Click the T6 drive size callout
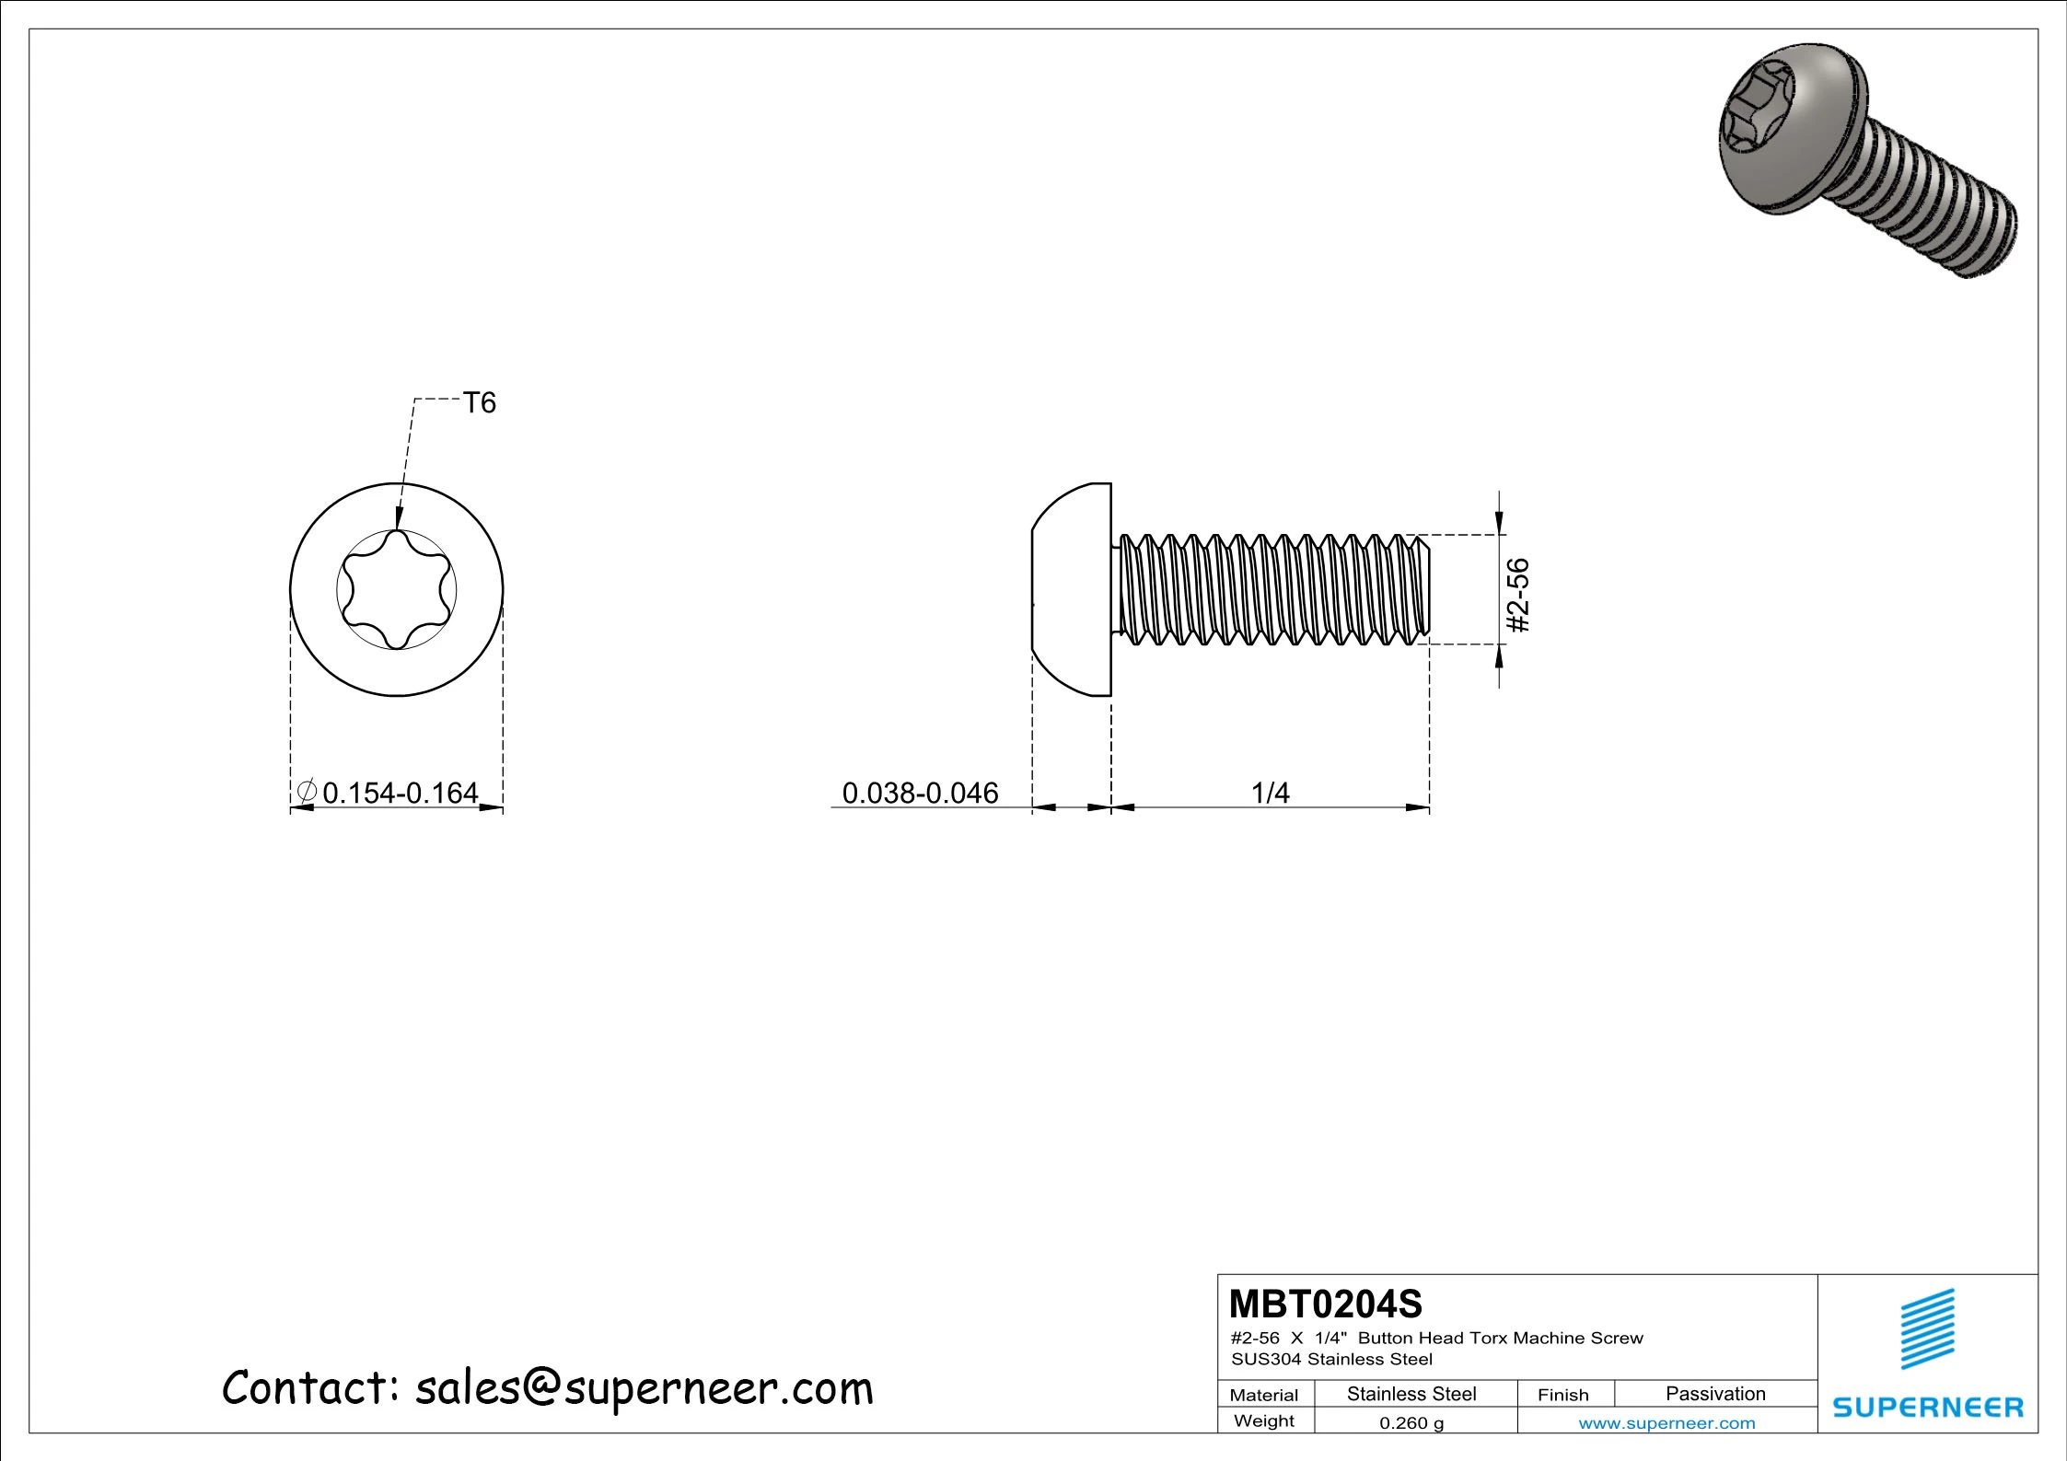479,403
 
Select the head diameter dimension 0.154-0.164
401,793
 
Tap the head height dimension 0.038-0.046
920,793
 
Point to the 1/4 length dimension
1270,793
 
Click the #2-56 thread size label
1517,595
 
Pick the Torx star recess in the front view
397,590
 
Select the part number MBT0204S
1325,1304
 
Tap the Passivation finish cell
1714,1394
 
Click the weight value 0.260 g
1411,1422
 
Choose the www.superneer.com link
1666,1423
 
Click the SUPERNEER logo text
1927,1408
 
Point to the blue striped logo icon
1927,1328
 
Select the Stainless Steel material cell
1411,1394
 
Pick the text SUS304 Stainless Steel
1331,1359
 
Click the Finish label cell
1562,1395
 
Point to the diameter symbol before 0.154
307,792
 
